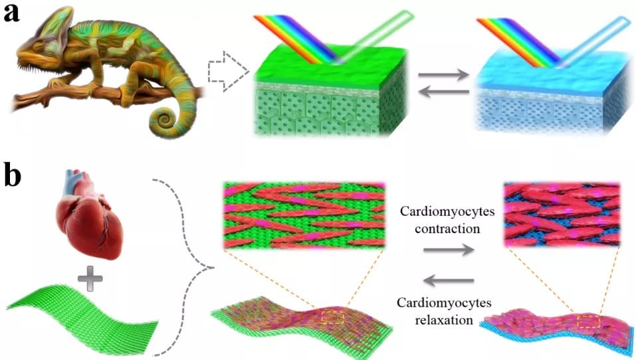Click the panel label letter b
pos(13,174)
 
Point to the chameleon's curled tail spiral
pos(165,119)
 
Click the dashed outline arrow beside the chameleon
pos(229,72)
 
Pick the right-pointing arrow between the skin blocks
pos(443,75)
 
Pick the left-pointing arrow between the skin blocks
pos(443,92)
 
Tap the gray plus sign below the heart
pos(90,279)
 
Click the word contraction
pos(447,228)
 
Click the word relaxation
pos(444,320)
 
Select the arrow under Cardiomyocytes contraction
pos(449,250)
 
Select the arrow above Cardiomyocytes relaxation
pos(449,280)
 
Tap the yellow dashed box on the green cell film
pos(332,317)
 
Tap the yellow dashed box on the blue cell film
pos(589,321)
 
